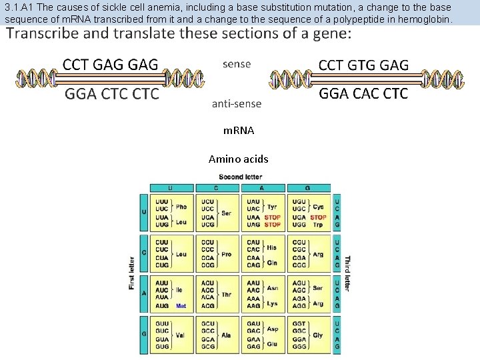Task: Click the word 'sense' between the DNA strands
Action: point(237,64)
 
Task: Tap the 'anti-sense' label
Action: point(237,103)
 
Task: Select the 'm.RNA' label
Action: point(239,131)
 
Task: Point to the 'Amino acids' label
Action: point(239,159)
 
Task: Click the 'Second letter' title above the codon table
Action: point(241,177)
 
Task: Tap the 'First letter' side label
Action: point(132,273)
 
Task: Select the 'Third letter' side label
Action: point(347,273)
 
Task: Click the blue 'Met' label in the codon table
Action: point(181,306)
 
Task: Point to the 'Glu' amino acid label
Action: point(272,345)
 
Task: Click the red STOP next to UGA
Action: point(318,217)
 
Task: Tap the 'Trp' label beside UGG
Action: point(317,225)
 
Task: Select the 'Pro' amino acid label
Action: point(226,254)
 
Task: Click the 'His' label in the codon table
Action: point(271,247)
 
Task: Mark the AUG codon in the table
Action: point(161,306)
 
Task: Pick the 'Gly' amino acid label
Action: point(317,335)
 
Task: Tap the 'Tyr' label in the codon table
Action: point(272,207)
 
